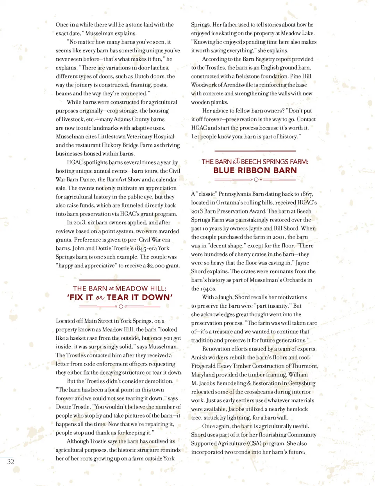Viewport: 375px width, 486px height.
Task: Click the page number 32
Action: coord(11,462)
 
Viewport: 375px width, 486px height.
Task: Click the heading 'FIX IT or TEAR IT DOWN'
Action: coord(120,297)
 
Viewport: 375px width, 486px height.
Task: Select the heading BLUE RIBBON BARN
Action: coord(255,170)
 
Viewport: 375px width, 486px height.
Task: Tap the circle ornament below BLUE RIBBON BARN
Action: coord(256,180)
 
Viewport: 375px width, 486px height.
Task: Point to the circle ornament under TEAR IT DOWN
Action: coord(121,307)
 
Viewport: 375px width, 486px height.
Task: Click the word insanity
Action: coord(278,306)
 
